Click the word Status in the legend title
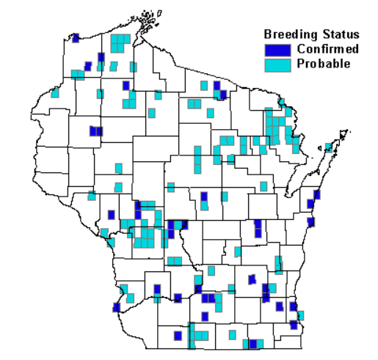click(x=338, y=34)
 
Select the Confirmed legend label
click(x=328, y=49)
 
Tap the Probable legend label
click(x=324, y=64)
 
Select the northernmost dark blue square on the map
click(x=75, y=38)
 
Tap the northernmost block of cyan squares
click(x=120, y=43)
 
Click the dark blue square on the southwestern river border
click(x=117, y=307)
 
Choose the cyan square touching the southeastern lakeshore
click(x=300, y=315)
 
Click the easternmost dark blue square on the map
click(x=317, y=194)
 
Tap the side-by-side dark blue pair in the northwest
click(x=95, y=131)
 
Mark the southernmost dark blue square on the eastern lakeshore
click(x=294, y=324)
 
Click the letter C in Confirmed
click(x=301, y=49)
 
